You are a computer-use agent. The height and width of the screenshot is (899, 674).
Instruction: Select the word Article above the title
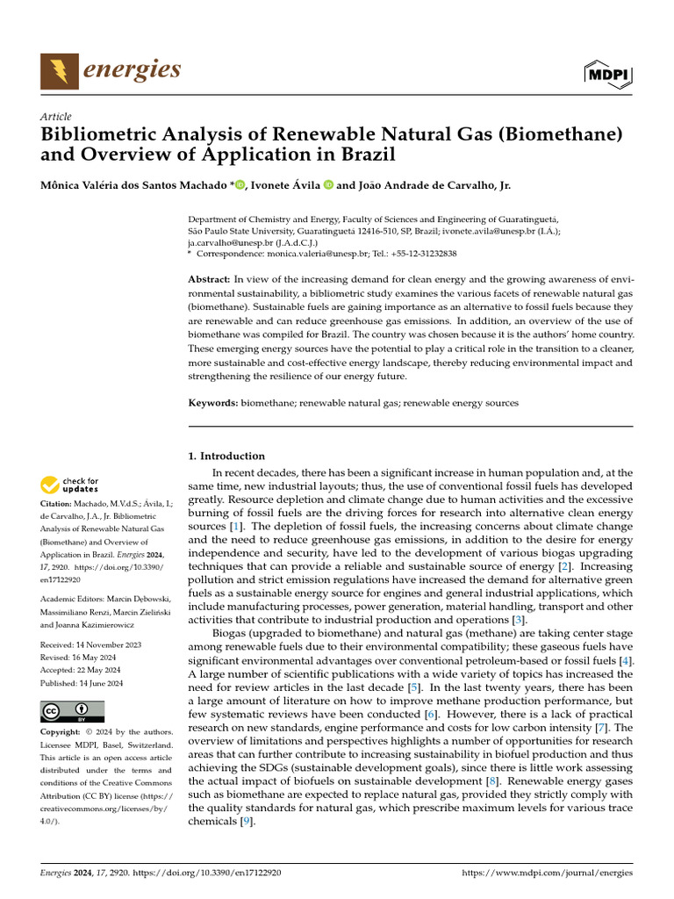pos(56,117)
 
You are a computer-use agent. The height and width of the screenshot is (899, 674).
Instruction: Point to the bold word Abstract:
pos(210,278)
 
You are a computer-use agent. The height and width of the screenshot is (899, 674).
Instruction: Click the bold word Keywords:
pos(213,402)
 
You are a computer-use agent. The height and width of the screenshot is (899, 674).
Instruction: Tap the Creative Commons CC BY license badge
pos(73,712)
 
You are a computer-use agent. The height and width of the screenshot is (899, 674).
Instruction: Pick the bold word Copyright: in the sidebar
pos(63,731)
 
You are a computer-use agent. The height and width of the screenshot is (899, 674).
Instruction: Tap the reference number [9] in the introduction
pos(249,822)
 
